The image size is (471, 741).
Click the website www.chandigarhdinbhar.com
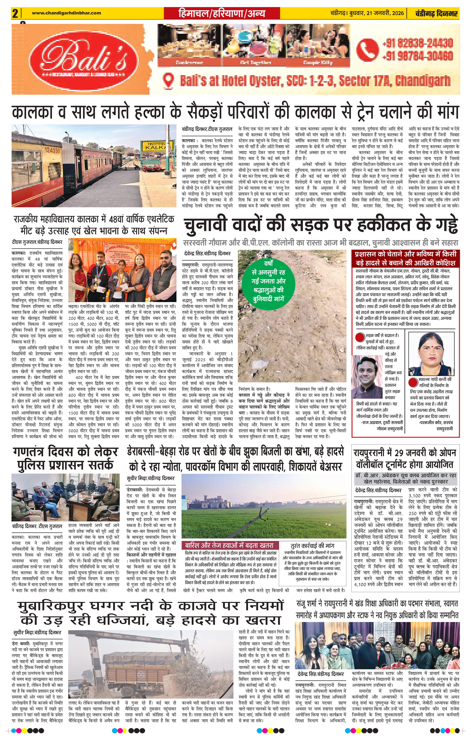66,13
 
